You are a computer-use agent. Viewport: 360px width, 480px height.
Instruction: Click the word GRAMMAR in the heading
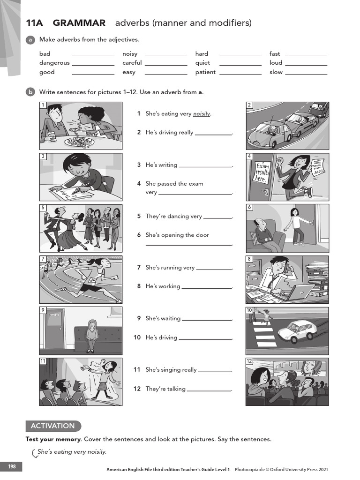[x=79, y=23]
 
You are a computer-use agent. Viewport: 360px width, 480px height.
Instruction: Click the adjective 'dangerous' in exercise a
[x=54, y=63]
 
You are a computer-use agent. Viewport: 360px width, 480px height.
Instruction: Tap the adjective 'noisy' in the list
[x=130, y=54]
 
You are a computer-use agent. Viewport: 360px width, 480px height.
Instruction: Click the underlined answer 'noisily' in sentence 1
[x=202, y=114]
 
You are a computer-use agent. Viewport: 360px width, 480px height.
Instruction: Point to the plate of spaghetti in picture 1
[x=79, y=141]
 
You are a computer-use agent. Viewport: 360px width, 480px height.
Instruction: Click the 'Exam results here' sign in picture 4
[x=262, y=173]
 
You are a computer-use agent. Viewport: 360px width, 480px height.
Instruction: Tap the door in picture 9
[x=54, y=329]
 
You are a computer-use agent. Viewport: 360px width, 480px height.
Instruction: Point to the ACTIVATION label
[x=52, y=426]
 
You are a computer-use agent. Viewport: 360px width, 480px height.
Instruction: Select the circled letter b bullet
[x=30, y=92]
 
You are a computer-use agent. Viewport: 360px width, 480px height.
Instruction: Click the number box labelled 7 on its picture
[x=43, y=259]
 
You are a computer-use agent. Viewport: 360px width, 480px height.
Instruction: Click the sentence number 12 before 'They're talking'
[x=137, y=389]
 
